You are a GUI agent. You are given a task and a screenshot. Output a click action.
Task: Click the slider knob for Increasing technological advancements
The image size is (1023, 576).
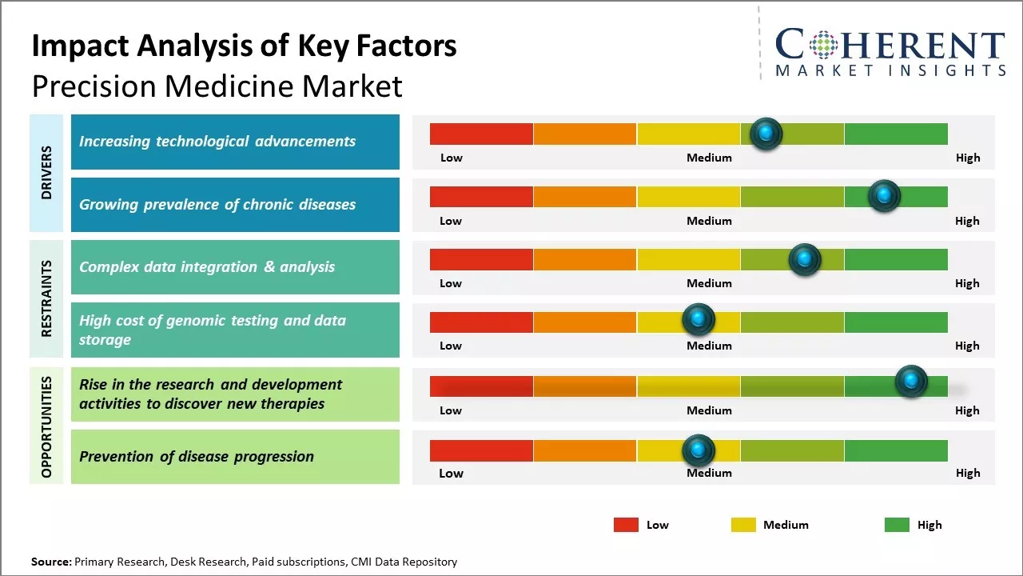coord(766,134)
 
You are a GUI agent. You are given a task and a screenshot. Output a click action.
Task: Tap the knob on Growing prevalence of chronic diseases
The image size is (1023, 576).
coord(884,196)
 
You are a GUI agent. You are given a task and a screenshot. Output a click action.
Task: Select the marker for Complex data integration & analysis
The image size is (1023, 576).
coord(805,259)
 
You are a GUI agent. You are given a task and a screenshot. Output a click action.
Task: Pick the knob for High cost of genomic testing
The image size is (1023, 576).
coord(699,320)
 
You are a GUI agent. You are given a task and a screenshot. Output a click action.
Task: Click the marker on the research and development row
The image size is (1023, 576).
coord(911,382)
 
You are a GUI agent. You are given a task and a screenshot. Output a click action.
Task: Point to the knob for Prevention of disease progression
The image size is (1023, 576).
coord(699,450)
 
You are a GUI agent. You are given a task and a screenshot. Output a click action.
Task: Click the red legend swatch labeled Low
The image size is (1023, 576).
coord(626,525)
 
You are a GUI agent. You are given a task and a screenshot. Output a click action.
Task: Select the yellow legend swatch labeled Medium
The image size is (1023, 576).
coord(743,525)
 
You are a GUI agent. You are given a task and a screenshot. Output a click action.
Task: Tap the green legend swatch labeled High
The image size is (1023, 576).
coord(897,525)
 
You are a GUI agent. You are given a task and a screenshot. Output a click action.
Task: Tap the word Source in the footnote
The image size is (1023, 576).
coord(51,562)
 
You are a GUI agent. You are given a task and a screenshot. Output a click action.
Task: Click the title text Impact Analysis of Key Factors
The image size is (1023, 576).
coord(244,46)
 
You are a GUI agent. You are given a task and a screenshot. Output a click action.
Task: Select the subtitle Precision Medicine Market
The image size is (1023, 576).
coord(217,86)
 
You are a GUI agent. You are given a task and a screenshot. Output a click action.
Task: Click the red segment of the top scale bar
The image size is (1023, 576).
coord(481,134)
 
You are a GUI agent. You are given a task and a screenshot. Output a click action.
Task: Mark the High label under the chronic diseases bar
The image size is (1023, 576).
coord(967,221)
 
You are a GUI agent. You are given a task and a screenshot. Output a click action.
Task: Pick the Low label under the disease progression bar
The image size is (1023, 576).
coord(451,473)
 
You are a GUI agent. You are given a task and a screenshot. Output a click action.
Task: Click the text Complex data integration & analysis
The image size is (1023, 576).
coord(207,267)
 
